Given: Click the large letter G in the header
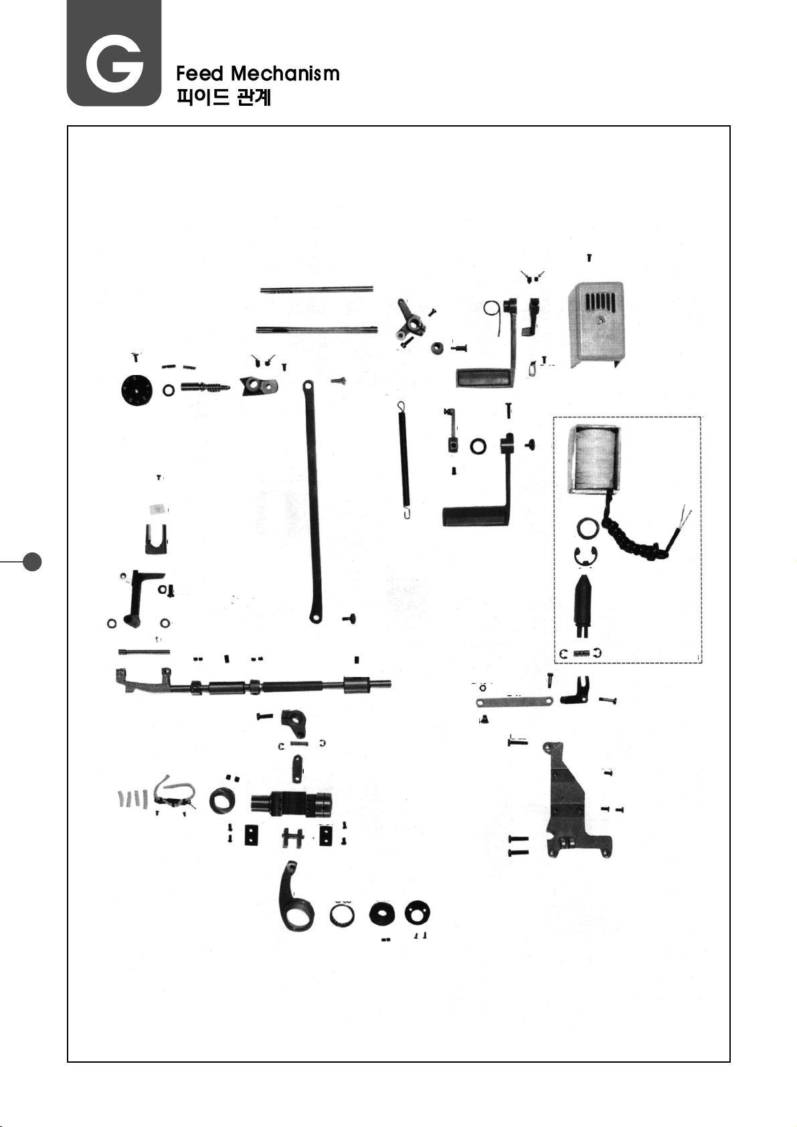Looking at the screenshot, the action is [114, 64].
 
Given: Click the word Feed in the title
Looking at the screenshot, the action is [199, 73].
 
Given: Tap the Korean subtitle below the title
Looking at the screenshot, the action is [224, 97].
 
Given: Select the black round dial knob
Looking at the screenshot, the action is [137, 389].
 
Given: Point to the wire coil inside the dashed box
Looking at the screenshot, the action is [595, 459].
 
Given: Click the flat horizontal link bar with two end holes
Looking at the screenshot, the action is [514, 702].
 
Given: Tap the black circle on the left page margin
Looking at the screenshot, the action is [32, 561].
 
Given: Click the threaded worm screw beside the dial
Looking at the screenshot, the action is [205, 388].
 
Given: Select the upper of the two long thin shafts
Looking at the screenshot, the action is [316, 289].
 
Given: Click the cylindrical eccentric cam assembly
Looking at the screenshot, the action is [292, 802].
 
